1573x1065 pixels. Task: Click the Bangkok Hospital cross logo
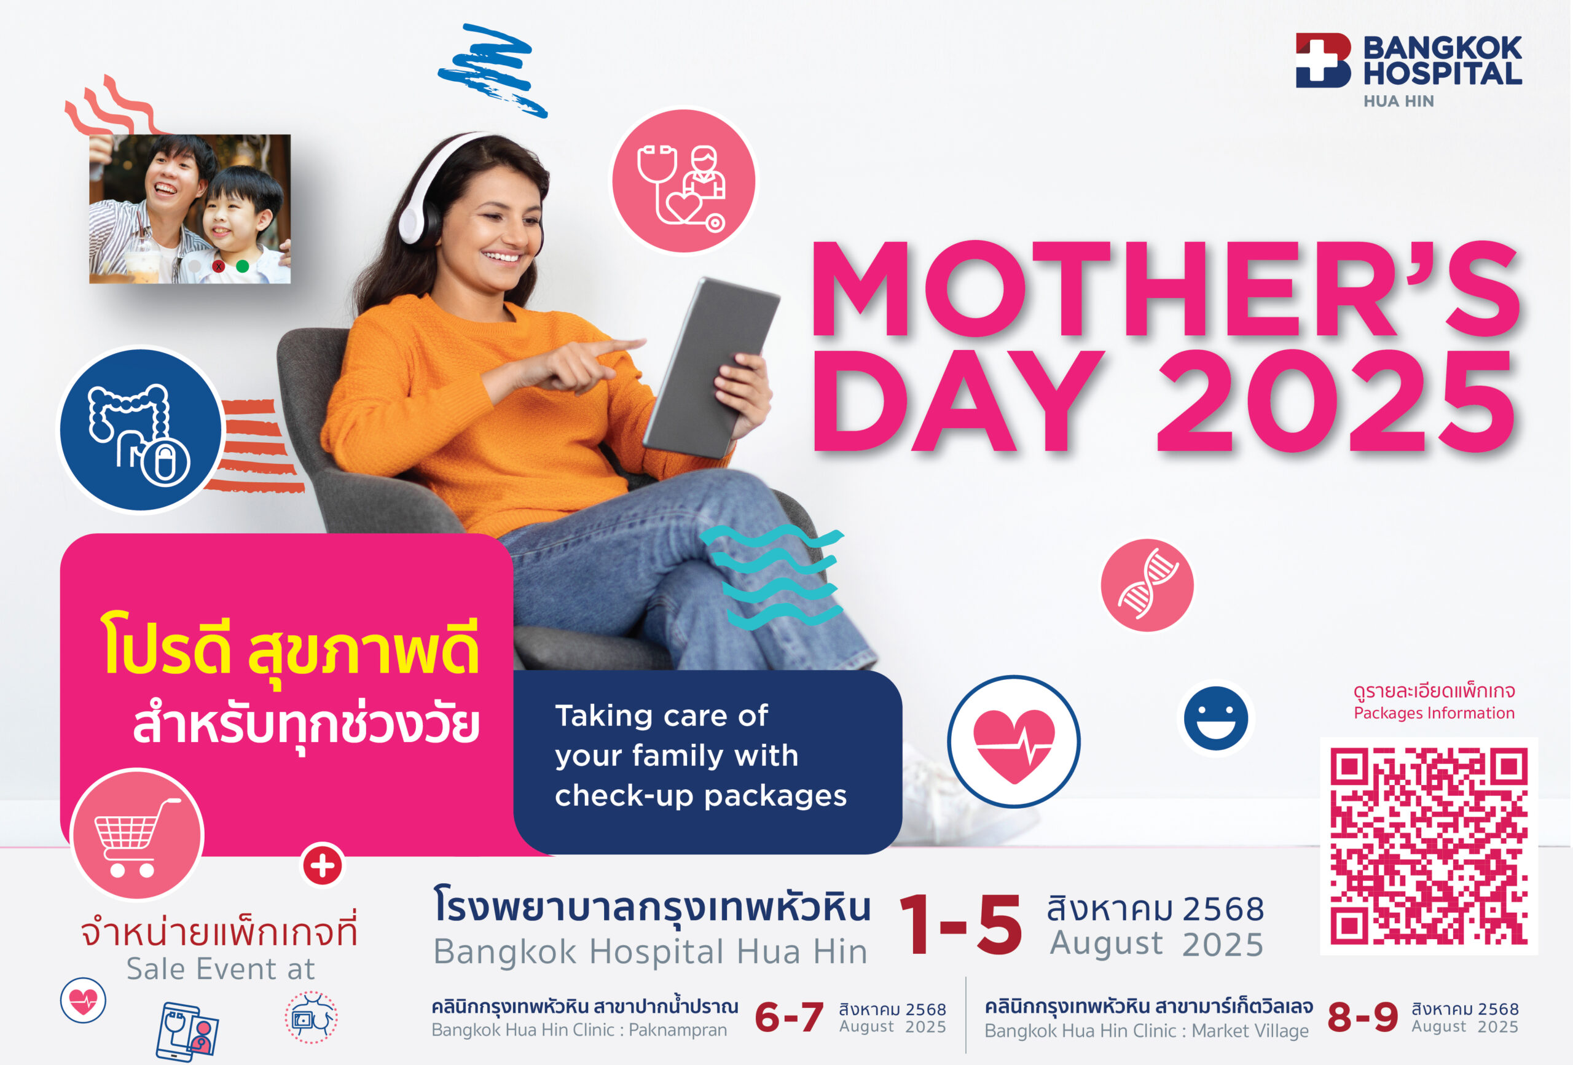pos(1324,60)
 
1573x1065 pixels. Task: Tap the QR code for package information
pos(1429,846)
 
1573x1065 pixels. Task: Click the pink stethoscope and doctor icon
pos(684,181)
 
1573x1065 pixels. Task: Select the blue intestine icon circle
pos(141,430)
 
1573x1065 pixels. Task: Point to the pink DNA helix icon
pos(1147,585)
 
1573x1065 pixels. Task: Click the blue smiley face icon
pos(1215,718)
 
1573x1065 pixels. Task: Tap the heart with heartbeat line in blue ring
pos(1013,741)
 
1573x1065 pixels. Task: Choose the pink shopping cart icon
pos(138,833)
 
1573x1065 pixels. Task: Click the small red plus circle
pos(322,865)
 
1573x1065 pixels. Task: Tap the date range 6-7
pos(789,1017)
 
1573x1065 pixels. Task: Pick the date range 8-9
pos(1362,1017)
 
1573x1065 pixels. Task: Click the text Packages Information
pos(1434,712)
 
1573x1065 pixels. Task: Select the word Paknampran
pos(678,1030)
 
